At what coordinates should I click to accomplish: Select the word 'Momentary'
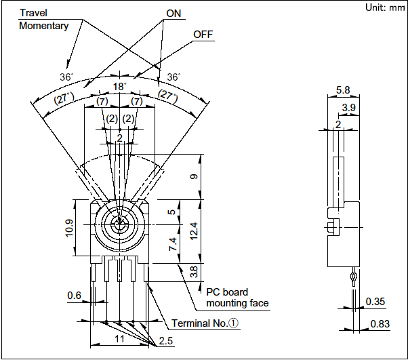click(44, 26)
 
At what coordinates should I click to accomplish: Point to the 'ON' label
click(174, 13)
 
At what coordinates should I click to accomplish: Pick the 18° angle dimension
click(119, 86)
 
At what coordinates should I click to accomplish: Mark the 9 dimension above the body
click(194, 178)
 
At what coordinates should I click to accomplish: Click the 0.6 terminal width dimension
click(75, 295)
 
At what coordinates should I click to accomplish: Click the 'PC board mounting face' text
click(237, 297)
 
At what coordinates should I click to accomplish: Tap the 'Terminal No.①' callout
click(205, 323)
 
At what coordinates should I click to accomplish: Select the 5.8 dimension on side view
click(342, 89)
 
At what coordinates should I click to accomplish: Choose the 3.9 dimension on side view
click(349, 108)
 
